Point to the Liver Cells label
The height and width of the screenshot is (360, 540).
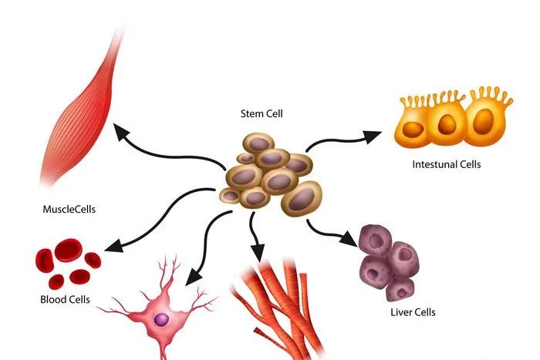[x=413, y=312]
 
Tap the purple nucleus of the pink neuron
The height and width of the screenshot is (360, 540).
[x=161, y=318]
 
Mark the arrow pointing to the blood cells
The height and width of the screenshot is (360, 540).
[x=154, y=224]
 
